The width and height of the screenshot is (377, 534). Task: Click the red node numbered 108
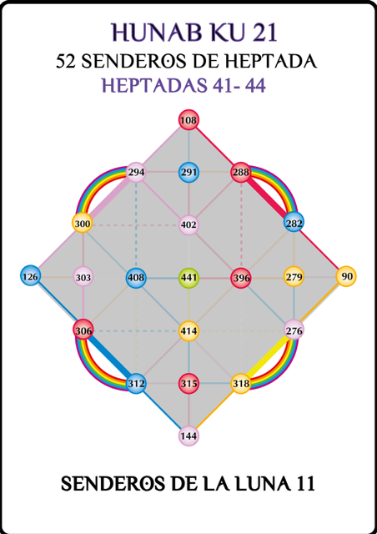tap(188, 120)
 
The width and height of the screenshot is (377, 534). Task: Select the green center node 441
tap(188, 278)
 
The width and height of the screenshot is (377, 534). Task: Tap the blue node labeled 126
tap(31, 276)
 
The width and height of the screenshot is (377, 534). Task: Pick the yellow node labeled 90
tap(346, 276)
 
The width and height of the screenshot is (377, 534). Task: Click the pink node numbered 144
tap(188, 436)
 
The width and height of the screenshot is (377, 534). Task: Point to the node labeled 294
tap(136, 173)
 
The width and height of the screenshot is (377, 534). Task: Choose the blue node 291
tap(188, 173)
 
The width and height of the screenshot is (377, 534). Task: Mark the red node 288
tap(241, 173)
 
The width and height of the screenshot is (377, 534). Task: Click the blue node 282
tap(294, 224)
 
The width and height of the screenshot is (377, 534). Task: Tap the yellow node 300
tap(83, 224)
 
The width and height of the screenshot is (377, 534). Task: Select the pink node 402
tap(188, 225)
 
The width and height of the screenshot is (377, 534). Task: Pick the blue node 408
tap(136, 278)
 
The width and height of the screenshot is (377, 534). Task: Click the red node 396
tap(241, 278)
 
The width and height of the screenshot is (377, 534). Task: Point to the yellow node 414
tap(188, 330)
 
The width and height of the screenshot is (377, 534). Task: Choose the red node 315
tap(188, 384)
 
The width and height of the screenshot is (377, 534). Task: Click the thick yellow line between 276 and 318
tap(268, 357)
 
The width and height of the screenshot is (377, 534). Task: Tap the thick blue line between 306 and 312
tap(109, 357)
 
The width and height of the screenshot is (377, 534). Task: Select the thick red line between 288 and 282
tap(268, 198)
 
